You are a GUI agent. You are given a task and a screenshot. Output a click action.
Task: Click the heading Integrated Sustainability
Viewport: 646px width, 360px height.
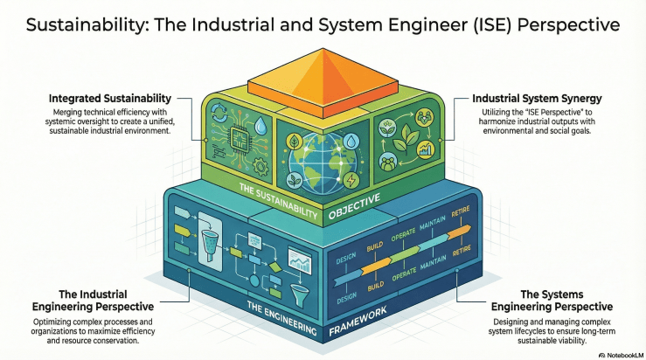click(x=122, y=98)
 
